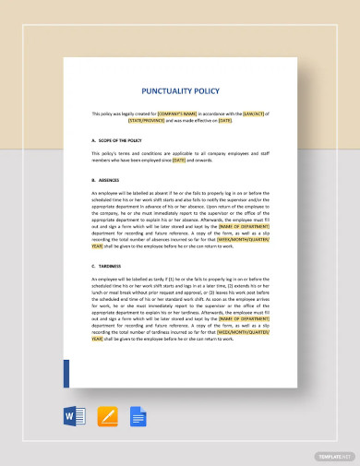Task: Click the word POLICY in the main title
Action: (207, 92)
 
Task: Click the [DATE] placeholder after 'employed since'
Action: (179, 161)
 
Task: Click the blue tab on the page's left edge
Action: (66, 374)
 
